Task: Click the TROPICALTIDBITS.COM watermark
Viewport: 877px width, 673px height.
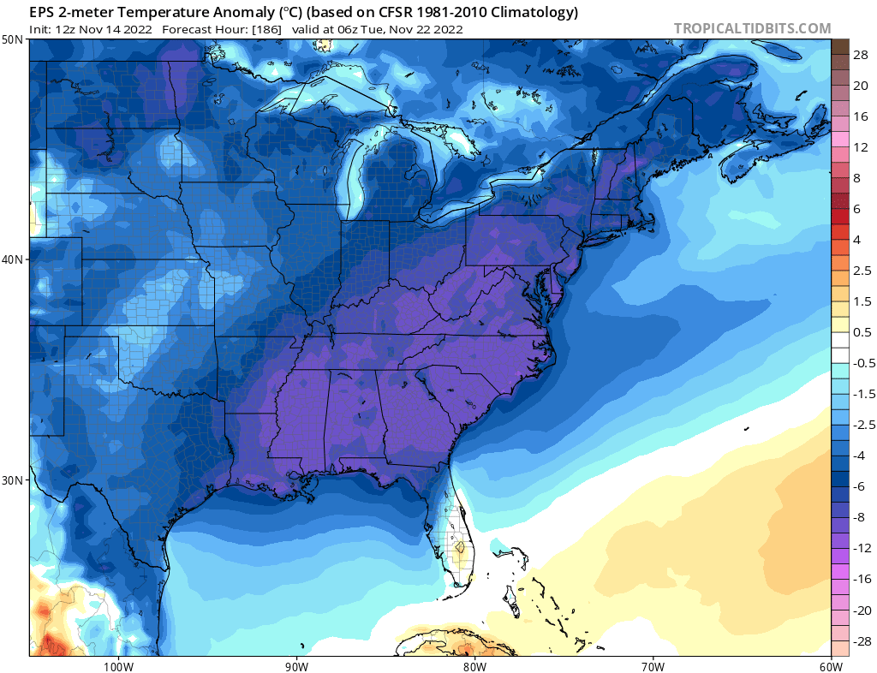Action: [752, 28]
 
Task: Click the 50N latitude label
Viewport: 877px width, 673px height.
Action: [13, 39]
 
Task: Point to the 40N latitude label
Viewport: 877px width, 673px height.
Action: [13, 259]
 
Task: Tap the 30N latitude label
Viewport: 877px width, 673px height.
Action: [13, 479]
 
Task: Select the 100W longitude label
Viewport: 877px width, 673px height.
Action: [117, 665]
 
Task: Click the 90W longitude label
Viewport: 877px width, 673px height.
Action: [296, 665]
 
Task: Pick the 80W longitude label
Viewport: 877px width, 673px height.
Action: [474, 665]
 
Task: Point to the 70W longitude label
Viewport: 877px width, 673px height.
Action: [653, 665]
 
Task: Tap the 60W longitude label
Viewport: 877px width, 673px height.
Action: [831, 665]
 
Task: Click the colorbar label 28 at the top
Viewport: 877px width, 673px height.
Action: [861, 55]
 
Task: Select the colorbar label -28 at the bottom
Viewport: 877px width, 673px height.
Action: [859, 640]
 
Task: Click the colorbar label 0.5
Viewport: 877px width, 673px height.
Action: [862, 332]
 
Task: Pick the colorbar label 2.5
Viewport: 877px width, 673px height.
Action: [862, 271]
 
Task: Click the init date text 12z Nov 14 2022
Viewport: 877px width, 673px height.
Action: [104, 28]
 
